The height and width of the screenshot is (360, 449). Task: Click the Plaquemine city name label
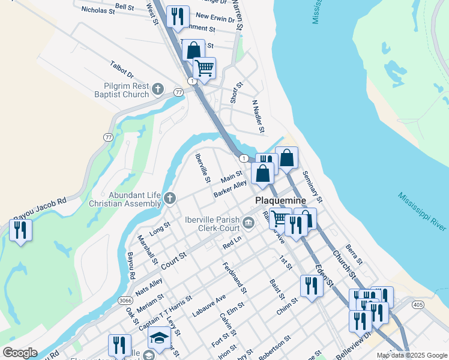pyautogui.click(x=281, y=200)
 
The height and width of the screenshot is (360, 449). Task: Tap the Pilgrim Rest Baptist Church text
pyautogui.click(x=121, y=90)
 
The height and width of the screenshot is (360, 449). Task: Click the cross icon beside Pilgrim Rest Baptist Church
pyautogui.click(x=158, y=89)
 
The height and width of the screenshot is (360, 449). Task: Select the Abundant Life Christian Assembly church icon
pyautogui.click(x=170, y=199)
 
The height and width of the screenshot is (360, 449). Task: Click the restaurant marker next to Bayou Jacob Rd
pyautogui.click(x=20, y=230)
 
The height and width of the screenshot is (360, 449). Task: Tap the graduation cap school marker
pyautogui.click(x=159, y=337)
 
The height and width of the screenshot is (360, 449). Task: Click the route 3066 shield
pyautogui.click(x=125, y=300)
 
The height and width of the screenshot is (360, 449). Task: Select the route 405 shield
pyautogui.click(x=418, y=305)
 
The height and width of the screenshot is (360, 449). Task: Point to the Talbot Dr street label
pyautogui.click(x=122, y=69)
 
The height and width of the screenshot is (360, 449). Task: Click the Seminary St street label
pyautogui.click(x=313, y=185)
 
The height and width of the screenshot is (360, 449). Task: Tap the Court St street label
pyautogui.click(x=174, y=262)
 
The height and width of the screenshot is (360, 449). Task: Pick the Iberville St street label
pyautogui.click(x=203, y=168)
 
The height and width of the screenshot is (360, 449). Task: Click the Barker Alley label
pyautogui.click(x=230, y=190)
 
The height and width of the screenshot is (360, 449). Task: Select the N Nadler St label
pyautogui.click(x=259, y=117)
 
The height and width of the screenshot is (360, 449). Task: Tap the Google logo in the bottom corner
pyautogui.click(x=20, y=353)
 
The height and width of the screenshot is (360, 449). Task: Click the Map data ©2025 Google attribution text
pyautogui.click(x=412, y=355)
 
